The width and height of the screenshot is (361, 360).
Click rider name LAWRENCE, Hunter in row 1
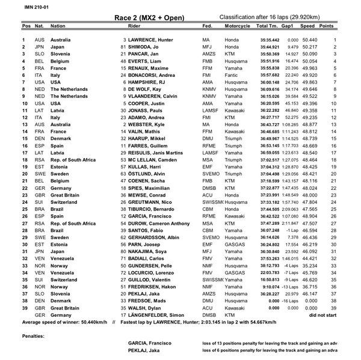(148, 40)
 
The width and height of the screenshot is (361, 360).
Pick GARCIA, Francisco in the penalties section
(149, 342)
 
